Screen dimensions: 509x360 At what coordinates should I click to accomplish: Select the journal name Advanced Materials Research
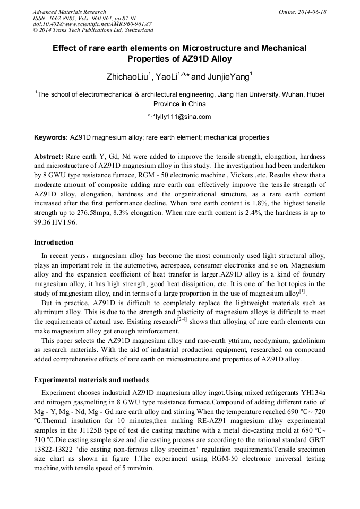[x=69, y=12]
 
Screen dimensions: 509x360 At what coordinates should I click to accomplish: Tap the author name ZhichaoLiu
[x=127, y=77]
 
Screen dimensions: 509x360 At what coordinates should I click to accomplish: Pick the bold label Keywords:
[x=51, y=137]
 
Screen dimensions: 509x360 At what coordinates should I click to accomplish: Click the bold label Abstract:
[x=49, y=158]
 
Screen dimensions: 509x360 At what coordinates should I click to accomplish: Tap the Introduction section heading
[x=54, y=243]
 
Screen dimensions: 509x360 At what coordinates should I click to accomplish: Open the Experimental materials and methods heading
[x=91, y=380]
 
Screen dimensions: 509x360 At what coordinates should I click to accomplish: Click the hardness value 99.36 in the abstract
[x=44, y=222]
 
